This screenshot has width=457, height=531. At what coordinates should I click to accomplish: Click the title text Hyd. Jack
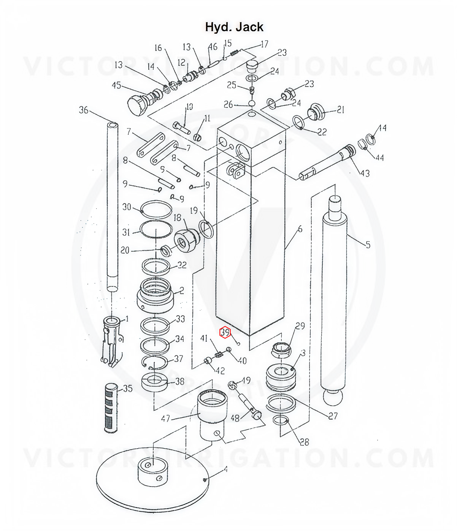[x=234, y=27]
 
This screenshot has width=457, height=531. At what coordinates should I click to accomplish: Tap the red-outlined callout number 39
[x=225, y=333]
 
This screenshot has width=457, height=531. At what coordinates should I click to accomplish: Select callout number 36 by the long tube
[x=83, y=110]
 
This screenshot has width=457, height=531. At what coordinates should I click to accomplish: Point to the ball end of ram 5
[x=333, y=397]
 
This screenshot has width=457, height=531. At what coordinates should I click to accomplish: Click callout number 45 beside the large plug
[x=116, y=85]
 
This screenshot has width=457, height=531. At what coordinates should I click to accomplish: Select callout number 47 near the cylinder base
[x=165, y=419]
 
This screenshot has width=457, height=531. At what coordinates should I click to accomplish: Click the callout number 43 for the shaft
[x=365, y=173]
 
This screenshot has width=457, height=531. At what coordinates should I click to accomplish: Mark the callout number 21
[x=341, y=110]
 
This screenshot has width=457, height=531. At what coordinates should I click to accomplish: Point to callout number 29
[x=300, y=326]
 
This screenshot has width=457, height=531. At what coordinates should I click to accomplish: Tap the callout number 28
[x=304, y=442]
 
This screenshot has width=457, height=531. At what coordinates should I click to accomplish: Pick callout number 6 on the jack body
[x=300, y=229]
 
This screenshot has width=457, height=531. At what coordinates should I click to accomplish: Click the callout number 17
[x=264, y=44]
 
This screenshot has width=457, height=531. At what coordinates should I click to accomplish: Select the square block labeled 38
[x=154, y=382]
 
